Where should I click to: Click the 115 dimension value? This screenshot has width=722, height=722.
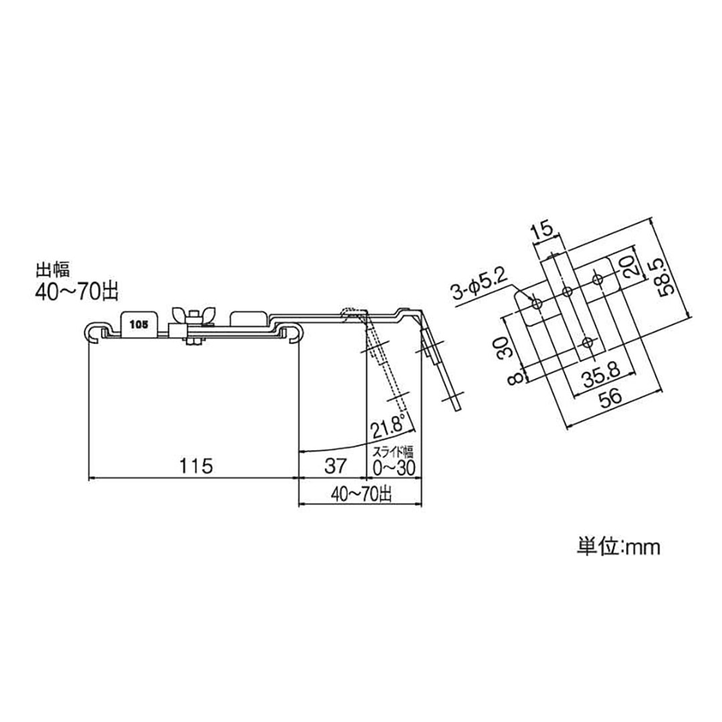click(195, 467)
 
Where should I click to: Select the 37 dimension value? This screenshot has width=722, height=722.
click(332, 467)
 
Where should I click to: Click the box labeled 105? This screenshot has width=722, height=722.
click(139, 324)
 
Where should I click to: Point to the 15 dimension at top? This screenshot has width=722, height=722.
click(542, 231)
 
